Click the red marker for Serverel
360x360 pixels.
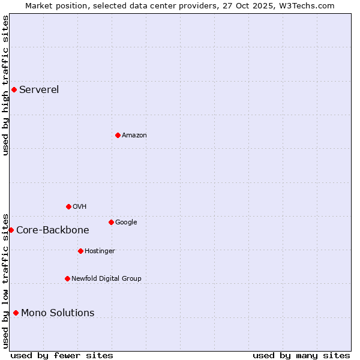tap(14, 90)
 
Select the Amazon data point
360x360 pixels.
tap(118, 135)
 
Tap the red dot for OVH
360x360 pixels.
tap(68, 206)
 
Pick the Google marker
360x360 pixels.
tap(111, 222)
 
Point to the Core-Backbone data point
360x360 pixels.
tap(11, 230)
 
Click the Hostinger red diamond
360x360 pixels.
tap(80, 251)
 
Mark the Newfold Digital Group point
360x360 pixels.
tap(67, 278)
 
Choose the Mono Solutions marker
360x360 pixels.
tap(16, 313)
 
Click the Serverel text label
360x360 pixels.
tap(39, 90)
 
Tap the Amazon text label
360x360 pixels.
tap(134, 136)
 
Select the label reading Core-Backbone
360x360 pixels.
tap(53, 230)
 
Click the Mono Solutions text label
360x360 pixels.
tap(58, 313)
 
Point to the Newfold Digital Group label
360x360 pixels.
tap(107, 278)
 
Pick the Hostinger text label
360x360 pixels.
tap(100, 251)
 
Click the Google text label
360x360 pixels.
tap(126, 223)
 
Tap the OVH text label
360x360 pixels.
tap(80, 207)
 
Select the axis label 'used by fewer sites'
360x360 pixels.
tap(62, 356)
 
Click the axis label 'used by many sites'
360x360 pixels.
tap(301, 356)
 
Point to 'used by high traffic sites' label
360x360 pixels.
tap(5, 85)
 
